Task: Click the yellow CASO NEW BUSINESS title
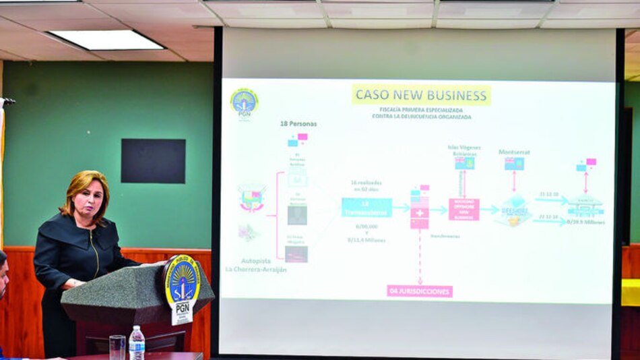pos(421,94)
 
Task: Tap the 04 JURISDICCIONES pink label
pos(420,291)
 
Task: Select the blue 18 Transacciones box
pos(366,208)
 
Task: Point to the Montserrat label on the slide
pos(514,152)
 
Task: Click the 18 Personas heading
pos(298,124)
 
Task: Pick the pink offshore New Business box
pos(464,209)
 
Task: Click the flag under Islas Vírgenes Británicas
pos(464,163)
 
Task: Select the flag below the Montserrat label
pos(515,164)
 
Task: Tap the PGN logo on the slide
pos(244,102)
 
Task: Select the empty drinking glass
pos(117,347)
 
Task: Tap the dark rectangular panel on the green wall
pos(153,161)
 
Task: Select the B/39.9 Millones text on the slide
pos(585,221)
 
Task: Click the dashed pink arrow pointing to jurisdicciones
pos(420,256)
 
